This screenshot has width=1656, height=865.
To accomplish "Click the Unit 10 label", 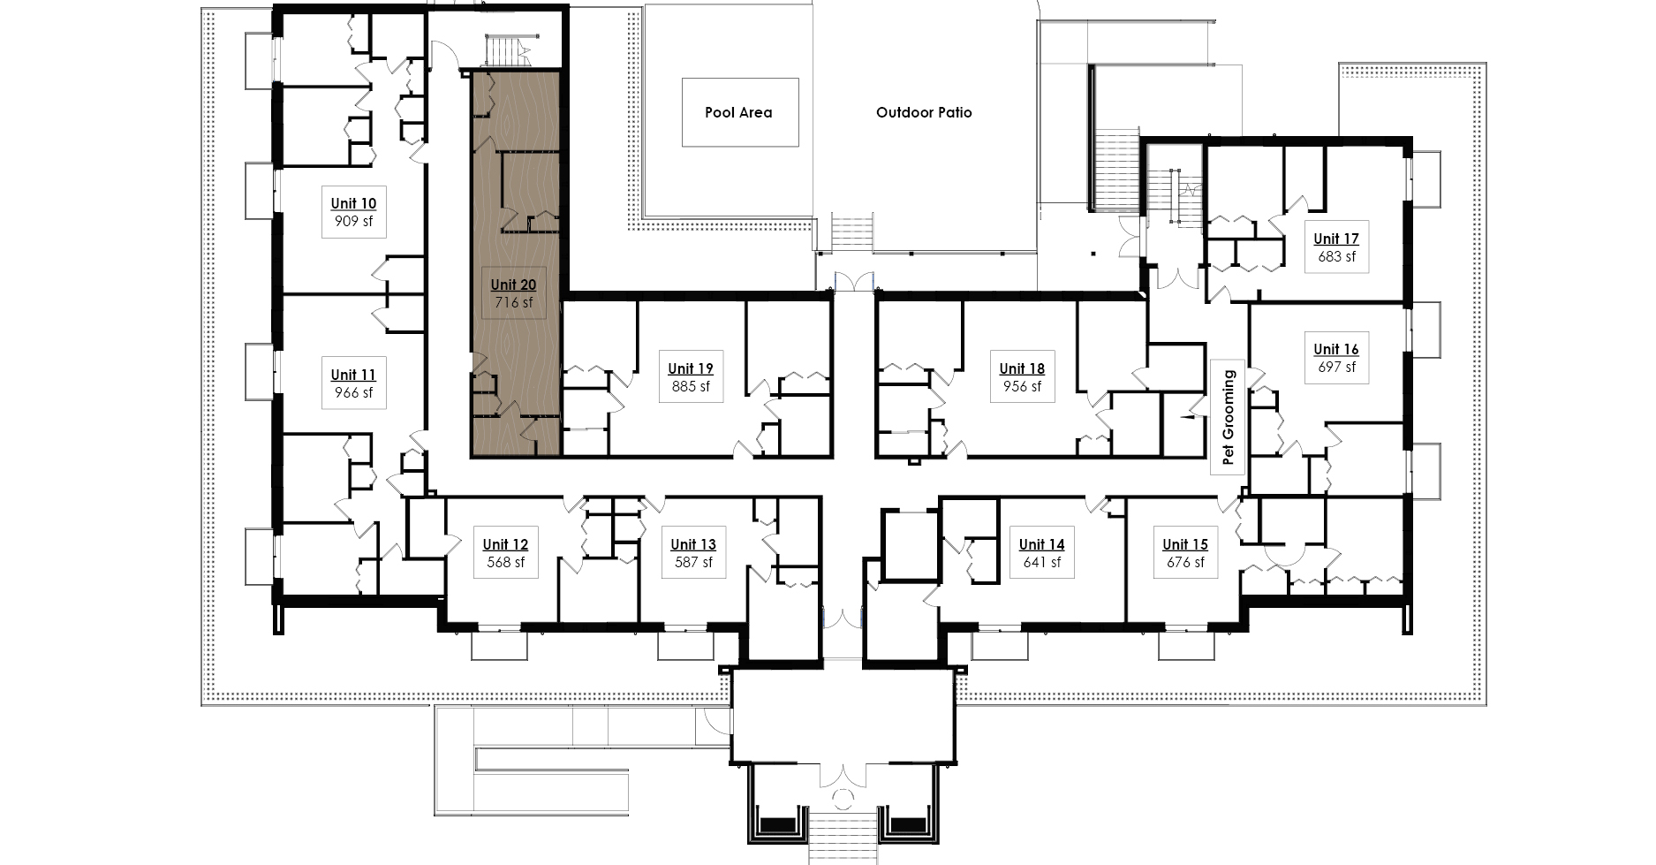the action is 353,204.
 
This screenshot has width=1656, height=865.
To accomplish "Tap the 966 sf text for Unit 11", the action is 353,393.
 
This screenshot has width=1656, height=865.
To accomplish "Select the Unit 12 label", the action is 505,545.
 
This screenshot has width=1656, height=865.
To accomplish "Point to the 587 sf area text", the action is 693,563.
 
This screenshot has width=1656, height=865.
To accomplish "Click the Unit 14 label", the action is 1041,545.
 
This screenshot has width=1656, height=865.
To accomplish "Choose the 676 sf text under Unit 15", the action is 1185,563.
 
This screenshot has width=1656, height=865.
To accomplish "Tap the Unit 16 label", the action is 1336,350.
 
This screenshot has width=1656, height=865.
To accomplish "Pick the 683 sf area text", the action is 1336,257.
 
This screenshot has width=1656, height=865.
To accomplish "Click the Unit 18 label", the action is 1022,369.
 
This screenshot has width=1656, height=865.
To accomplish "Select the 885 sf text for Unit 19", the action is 691,387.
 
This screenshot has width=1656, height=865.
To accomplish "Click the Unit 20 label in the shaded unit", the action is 513,285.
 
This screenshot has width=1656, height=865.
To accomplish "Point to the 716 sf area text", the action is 513,303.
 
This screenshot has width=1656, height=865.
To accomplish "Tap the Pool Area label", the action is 738,113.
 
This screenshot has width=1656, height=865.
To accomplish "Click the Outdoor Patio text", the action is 924,113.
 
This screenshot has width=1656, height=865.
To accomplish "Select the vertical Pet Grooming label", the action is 1228,417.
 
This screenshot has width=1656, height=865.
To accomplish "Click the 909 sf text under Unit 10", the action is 353,222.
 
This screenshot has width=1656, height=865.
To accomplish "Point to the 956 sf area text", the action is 1022,387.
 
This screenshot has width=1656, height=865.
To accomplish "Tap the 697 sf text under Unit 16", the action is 1336,368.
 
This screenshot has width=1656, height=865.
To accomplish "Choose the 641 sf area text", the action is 1041,563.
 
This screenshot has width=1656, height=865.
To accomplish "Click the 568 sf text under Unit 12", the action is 505,563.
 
